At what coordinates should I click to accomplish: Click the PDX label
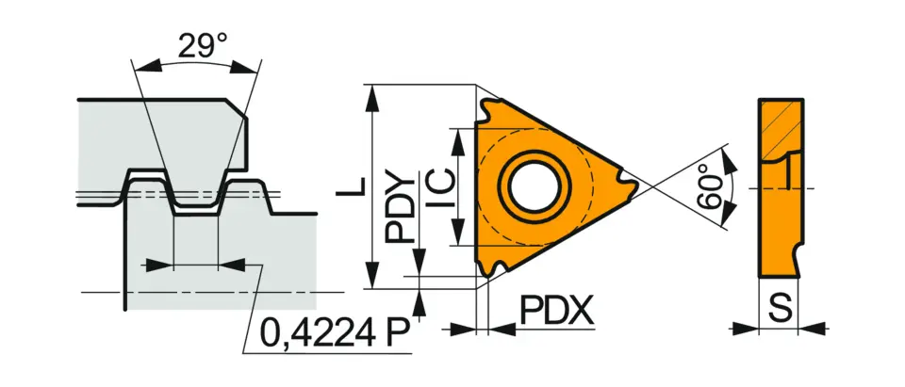pyautogui.click(x=556, y=310)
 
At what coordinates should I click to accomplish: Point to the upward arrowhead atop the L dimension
pyautogui.click(x=375, y=91)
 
